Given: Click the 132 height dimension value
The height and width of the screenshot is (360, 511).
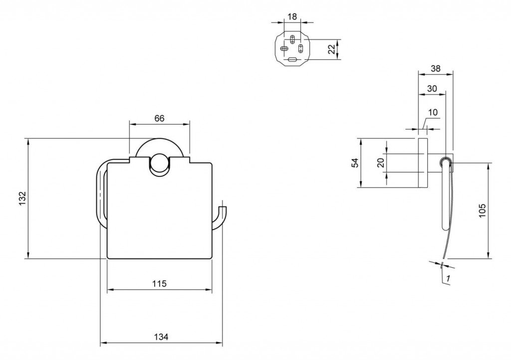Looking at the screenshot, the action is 22,198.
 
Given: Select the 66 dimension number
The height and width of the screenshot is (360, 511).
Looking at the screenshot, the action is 159,118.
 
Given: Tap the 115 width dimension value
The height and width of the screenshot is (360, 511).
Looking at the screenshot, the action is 159,284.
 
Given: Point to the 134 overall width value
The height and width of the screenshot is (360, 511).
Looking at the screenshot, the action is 161,337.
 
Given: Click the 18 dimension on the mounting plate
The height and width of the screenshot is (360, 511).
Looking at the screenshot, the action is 292,16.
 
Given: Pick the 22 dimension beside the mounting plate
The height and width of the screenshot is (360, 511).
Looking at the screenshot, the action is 331,49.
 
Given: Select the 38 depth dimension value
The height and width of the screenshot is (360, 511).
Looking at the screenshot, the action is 435,68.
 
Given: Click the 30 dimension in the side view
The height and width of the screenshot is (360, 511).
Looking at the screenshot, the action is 432,89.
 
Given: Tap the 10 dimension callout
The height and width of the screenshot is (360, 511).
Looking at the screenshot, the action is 433,113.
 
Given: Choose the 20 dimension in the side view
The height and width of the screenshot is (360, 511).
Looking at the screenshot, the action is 380,163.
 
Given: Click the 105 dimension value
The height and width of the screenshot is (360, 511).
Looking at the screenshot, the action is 482,210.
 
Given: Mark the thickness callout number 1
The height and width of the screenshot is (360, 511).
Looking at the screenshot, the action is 449,278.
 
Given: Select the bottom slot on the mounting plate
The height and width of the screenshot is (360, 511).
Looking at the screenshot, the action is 292,59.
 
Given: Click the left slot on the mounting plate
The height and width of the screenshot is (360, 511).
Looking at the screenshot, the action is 284,49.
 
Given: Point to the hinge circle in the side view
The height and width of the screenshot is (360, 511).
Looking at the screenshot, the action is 445,162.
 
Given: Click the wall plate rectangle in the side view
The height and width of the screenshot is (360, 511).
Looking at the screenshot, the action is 422,163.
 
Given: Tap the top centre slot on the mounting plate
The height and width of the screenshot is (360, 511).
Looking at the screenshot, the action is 292,39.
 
